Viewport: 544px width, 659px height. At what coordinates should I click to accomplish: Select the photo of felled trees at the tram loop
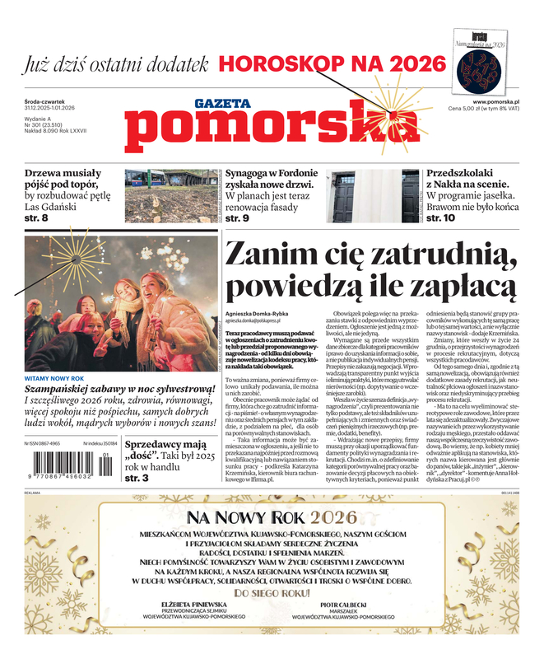pyautogui.click(x=172, y=196)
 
